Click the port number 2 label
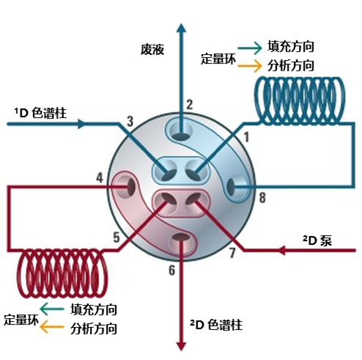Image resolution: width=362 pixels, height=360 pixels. tap(189, 104)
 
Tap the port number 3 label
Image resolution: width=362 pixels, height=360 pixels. tap(130, 121)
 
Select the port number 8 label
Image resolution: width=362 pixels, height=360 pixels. tap(262, 197)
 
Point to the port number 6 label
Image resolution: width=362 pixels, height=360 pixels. tap(172, 271)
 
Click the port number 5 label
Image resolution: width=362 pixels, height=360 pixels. tap(117, 237)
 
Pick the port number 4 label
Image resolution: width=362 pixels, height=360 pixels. tap(100, 177)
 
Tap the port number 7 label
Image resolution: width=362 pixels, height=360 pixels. tap(232, 253)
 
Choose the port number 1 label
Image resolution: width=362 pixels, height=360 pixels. tap(246, 137)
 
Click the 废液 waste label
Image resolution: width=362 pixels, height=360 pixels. tap(152, 49)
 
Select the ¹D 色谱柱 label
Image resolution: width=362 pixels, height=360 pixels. tap(40, 113)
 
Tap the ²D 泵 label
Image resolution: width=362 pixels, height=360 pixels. tap(317, 240)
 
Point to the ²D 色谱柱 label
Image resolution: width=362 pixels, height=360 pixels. tap(216, 325)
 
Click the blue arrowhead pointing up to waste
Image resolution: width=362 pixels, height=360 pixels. tap(181, 28)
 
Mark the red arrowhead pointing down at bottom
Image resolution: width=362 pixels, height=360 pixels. tap(181, 346)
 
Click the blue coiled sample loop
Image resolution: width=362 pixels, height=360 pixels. tap(300, 100)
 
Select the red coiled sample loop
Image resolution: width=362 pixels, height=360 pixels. tap(62, 273)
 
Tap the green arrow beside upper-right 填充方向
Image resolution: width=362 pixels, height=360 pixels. tap(249, 48)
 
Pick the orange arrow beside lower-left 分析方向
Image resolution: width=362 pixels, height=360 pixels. tap(51, 327)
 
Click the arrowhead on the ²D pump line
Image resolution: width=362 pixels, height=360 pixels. tap(282, 250)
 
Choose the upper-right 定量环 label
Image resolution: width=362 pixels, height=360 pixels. tap(218, 59)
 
